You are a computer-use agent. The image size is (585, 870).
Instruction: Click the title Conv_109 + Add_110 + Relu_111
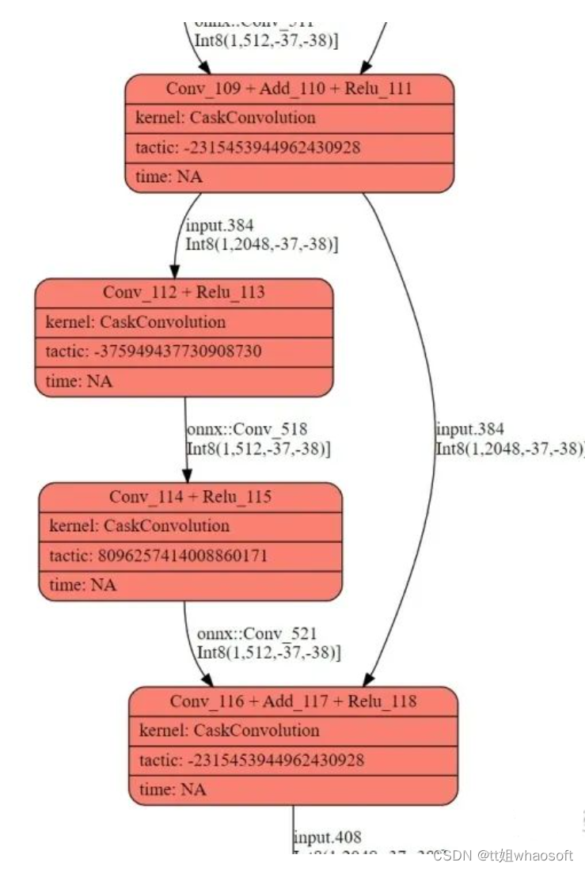coord(289,88)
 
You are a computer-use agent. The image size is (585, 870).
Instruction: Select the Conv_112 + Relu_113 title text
coord(184,292)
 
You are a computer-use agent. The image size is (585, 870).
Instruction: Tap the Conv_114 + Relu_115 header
coord(190,496)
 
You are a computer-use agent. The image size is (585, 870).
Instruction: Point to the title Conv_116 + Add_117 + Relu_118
coord(293,701)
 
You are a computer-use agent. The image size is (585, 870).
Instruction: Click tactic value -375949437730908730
coord(154,351)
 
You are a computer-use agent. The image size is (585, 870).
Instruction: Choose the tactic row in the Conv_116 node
coord(252,760)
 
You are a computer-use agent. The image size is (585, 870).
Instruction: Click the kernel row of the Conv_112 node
coord(135,322)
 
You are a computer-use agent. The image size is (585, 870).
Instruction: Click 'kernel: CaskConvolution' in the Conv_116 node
coord(229,731)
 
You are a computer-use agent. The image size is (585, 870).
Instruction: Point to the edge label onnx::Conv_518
coord(247,430)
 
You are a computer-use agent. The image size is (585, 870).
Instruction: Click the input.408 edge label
coord(328,838)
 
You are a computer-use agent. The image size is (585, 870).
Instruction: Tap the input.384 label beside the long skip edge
coord(470,430)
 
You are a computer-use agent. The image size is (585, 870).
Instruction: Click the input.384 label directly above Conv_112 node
coord(219,226)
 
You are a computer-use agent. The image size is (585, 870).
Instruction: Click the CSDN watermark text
coord(503,855)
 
